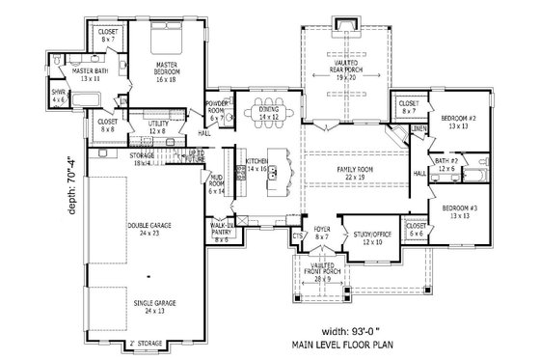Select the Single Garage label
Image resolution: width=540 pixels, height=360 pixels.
coord(148,304)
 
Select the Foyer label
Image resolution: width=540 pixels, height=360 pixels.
coord(321,231)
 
